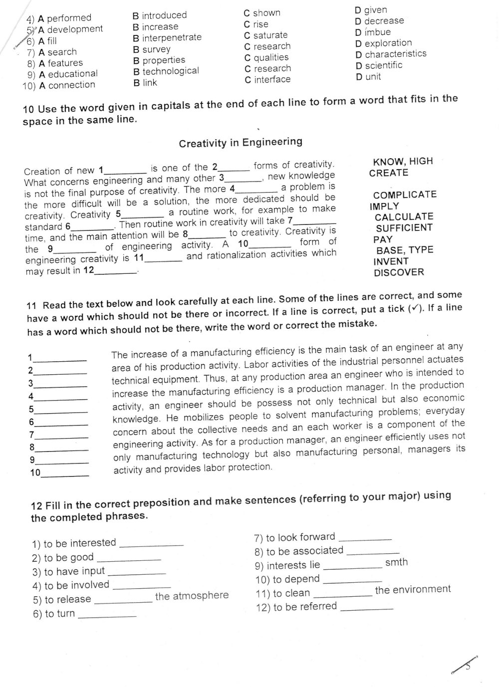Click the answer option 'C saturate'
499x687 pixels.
[265, 35]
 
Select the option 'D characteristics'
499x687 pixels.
[391, 54]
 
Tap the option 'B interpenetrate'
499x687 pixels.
[167, 38]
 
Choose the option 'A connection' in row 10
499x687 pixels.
[67, 85]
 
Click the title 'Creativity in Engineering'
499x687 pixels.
[241, 143]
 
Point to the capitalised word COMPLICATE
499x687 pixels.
[405, 195]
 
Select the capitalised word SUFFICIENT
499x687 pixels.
[404, 228]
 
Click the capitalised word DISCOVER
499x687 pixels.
[399, 272]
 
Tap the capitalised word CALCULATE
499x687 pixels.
[404, 217]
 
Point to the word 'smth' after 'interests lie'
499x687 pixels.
[397, 562]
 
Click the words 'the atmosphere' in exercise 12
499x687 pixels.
[192, 596]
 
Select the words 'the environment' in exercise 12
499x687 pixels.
[413, 589]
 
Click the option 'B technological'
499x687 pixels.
[166, 71]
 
